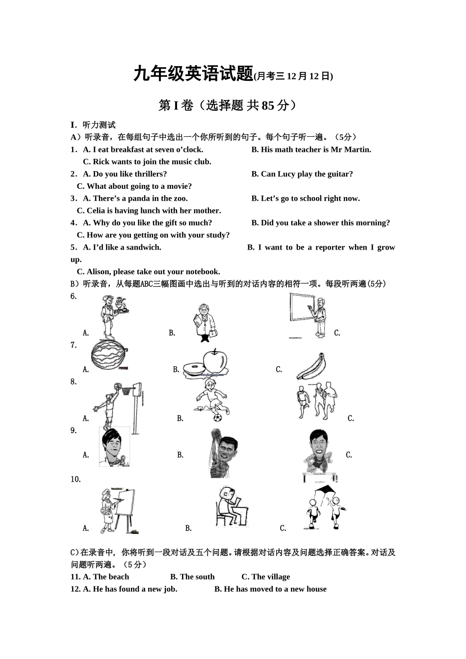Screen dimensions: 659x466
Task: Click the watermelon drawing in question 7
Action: tap(109, 356)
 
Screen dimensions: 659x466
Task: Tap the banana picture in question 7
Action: tap(311, 367)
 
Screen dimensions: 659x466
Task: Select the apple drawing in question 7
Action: tap(214, 362)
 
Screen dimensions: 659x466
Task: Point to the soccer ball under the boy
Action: tap(217, 418)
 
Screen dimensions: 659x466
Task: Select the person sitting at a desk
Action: tap(232, 507)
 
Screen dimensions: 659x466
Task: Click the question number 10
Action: tap(75, 480)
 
